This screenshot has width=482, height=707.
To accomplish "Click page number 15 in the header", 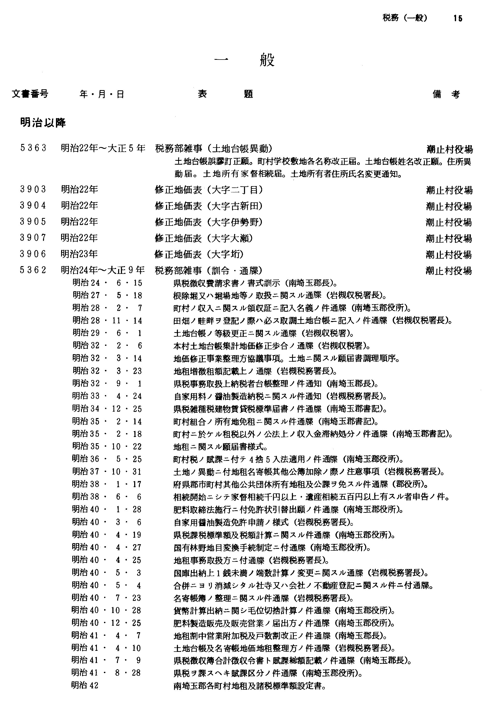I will (457, 19).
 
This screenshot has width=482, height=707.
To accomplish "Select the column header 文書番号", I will (30, 94).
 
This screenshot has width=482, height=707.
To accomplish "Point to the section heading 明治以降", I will (43, 123).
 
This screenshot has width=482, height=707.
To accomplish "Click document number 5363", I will (33, 148).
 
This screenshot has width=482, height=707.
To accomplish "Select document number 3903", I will (33, 189).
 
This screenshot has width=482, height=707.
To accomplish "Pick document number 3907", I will (33, 238).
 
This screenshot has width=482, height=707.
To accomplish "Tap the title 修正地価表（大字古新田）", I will (209, 206).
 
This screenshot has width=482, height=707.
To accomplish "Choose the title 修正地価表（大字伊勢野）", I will (209, 222).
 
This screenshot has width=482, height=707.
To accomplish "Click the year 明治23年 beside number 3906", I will (80, 254).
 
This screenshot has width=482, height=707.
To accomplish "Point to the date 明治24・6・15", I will (107, 283).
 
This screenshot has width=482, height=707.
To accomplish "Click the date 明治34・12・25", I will (107, 409).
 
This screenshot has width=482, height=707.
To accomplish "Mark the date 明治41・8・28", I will (106, 672).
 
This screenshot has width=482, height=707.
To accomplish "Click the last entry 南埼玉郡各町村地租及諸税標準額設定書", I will (250, 686).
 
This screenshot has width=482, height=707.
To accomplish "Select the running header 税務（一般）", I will (405, 18).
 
